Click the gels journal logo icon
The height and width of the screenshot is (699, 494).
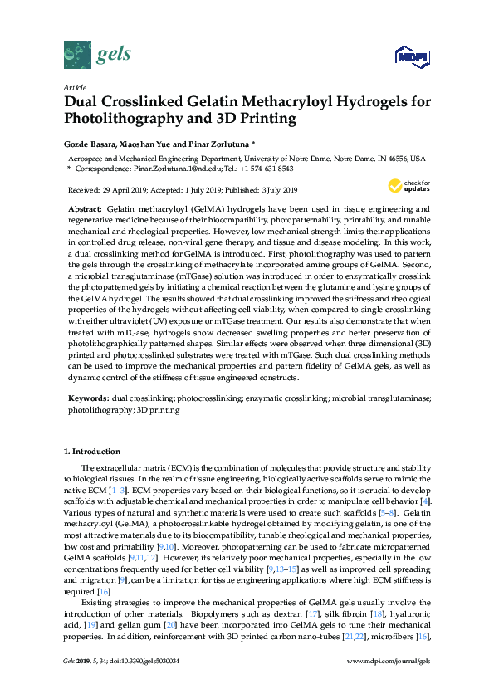point(77,55)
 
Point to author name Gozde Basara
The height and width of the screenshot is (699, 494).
point(91,143)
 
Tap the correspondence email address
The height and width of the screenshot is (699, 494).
point(159,168)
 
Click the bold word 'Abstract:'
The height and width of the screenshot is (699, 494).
point(85,208)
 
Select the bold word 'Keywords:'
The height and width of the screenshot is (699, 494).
point(87,399)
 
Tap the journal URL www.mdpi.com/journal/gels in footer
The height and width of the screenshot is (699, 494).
point(393,684)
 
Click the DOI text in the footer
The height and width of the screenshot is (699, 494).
point(145,684)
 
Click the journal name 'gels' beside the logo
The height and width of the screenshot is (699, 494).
point(114,56)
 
